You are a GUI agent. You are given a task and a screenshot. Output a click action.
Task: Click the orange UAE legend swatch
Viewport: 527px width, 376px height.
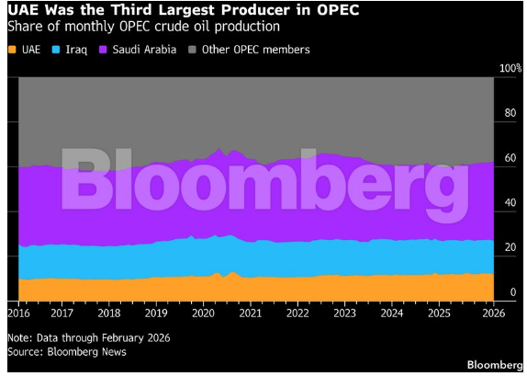[12, 50]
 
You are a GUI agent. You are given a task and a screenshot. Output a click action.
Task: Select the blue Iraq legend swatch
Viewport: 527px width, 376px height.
[56, 50]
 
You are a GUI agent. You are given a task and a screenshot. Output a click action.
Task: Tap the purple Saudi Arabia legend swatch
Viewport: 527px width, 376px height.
[103, 50]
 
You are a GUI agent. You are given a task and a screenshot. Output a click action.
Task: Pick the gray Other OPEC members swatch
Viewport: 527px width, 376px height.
[192, 50]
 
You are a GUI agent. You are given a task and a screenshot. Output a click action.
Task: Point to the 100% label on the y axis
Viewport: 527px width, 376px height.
[510, 68]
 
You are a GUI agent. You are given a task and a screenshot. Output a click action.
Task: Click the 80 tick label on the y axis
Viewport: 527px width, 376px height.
[510, 113]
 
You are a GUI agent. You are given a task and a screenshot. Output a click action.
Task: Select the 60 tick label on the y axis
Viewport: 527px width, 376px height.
[510, 158]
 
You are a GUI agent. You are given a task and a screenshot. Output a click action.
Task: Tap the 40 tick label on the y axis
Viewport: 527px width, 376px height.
[510, 202]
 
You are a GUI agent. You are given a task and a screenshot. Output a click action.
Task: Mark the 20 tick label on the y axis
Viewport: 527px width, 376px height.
[510, 247]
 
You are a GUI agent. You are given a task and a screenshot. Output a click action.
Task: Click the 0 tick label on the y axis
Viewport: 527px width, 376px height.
[513, 292]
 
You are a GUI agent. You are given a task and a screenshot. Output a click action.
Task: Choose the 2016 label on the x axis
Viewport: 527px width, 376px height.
[18, 313]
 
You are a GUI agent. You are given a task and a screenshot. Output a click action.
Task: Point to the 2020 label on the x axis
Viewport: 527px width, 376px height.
[203, 313]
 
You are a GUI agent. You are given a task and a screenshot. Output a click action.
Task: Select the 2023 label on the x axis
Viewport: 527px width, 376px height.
[344, 313]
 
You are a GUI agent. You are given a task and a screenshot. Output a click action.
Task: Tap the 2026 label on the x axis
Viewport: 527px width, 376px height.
[493, 313]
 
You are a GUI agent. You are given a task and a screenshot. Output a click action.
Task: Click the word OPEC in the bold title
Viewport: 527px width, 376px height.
[338, 10]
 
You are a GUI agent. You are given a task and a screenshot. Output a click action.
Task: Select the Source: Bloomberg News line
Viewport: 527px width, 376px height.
[67, 352]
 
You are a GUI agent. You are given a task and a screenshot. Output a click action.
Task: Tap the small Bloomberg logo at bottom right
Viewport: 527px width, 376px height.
[495, 365]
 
